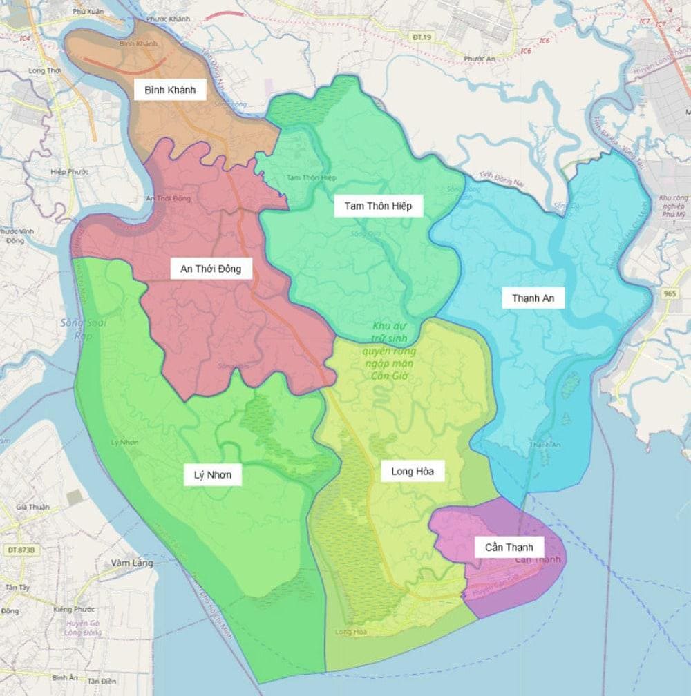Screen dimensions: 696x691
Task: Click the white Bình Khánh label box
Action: coord(170,90)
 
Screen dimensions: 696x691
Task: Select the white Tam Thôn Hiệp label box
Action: coord(378,206)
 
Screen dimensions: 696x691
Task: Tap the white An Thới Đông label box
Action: coord(211,269)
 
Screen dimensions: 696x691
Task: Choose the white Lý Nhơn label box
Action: coord(213,475)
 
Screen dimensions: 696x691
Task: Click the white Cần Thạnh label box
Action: coord(509,547)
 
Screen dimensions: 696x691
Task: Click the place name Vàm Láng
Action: coord(131,563)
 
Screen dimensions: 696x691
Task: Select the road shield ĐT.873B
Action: coord(21,550)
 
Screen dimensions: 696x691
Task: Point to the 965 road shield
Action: coord(670,293)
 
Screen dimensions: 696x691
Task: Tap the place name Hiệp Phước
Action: coord(69,171)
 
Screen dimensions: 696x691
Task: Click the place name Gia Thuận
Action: coord(33,507)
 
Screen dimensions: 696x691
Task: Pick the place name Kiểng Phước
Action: coord(74,609)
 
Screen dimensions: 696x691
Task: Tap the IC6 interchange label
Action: coord(525,50)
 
